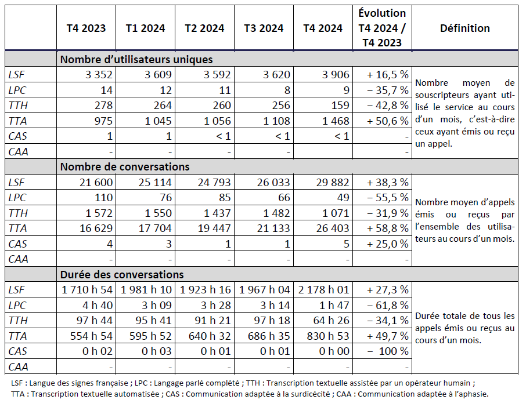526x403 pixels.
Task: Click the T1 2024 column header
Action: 145,28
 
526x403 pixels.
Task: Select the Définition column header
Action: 464,28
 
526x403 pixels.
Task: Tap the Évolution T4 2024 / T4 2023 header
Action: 381,28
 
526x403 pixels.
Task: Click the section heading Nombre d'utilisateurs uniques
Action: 136,59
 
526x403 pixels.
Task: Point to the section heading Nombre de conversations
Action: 125,167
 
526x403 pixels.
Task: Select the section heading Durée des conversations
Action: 122,274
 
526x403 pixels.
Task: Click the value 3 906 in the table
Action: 333,74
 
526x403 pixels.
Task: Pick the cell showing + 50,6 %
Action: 388,121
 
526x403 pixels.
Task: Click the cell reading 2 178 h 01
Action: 323,289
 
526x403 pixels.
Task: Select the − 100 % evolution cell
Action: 388,351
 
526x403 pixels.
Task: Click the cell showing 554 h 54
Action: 87,336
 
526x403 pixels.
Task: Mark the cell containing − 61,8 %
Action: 388,305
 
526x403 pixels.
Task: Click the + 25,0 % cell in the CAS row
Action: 388,244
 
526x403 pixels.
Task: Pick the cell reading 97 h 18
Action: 266,321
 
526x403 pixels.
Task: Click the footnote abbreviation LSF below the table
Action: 19,383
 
